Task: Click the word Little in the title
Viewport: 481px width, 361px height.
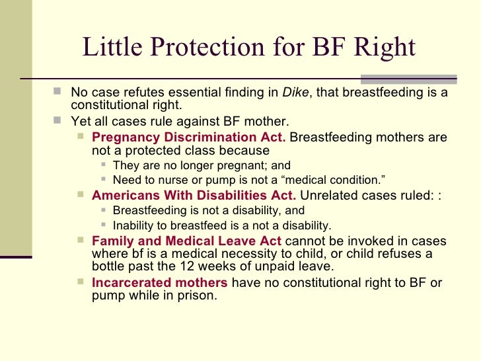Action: point(110,48)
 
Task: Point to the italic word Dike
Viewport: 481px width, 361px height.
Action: point(295,93)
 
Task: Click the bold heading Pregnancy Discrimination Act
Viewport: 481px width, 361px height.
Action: point(189,138)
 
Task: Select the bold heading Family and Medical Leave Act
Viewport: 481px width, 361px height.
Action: point(187,241)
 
